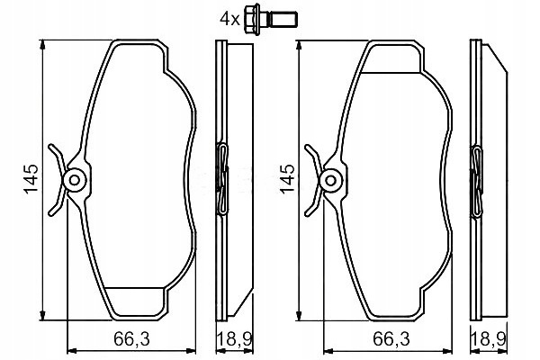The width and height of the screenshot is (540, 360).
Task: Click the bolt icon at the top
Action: pos(271,19)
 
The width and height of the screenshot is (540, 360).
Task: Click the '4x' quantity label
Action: pos(229,19)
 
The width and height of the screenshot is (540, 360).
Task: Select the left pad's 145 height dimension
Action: pos(31,179)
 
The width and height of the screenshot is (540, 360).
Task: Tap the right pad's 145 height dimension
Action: pos(287,179)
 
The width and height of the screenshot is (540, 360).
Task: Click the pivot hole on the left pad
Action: pos(74,180)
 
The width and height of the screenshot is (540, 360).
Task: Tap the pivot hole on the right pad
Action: pos(330,180)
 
